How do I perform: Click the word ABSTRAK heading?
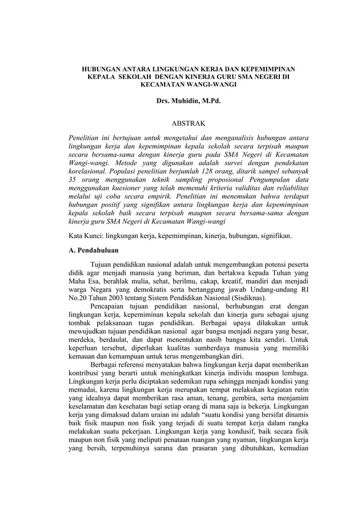180,122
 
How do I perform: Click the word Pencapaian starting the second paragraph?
112,308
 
